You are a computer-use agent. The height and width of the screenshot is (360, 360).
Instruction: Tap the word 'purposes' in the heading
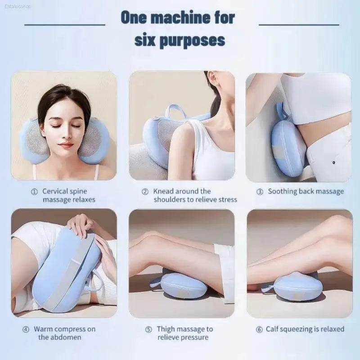[x=192, y=41]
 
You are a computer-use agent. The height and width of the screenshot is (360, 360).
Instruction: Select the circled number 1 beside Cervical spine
[x=34, y=192]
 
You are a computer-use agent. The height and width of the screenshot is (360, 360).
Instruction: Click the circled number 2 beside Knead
[x=145, y=192]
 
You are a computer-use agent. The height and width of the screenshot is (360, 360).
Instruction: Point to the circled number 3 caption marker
[x=260, y=192]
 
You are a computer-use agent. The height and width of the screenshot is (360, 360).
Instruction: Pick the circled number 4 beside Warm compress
[x=26, y=329]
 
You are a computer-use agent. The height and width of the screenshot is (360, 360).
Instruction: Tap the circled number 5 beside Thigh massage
[x=149, y=329]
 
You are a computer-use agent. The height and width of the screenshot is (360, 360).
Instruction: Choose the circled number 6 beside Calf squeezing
[x=259, y=329]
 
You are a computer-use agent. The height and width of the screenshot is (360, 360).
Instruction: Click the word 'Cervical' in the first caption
[x=55, y=191]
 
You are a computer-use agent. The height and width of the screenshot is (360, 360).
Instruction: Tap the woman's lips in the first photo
[x=66, y=145]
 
